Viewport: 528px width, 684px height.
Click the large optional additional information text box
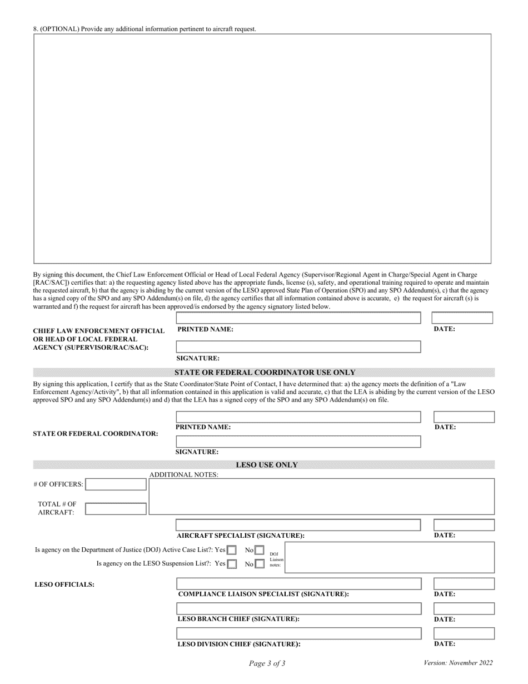tap(262, 148)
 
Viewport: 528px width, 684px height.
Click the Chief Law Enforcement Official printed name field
tap(298, 318)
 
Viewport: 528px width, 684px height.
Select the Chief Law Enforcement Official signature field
tap(298, 348)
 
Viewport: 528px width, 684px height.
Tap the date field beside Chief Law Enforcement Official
tap(463, 318)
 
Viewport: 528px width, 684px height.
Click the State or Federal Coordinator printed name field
tap(298, 417)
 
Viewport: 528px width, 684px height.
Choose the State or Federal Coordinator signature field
tap(298, 442)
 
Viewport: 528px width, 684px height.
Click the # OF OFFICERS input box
tap(116, 484)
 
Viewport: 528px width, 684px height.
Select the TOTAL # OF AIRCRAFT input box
tap(116, 508)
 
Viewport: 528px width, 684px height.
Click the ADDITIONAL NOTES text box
tap(322, 496)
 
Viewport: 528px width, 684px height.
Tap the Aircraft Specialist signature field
tap(298, 525)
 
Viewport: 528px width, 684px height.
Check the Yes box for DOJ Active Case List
tap(232, 551)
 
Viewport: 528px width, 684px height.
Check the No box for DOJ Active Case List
tap(260, 551)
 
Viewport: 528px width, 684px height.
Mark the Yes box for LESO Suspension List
tap(232, 564)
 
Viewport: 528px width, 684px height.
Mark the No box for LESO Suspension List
tap(260, 564)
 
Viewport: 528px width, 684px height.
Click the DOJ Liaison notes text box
tap(389, 557)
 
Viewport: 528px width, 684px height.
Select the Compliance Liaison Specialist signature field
tap(298, 584)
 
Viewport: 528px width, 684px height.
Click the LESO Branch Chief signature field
tap(298, 608)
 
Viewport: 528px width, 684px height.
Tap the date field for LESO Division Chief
tap(464, 633)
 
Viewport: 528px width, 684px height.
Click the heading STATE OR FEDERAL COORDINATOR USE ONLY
tap(265, 373)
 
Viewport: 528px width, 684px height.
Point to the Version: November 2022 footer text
tap(458, 663)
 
